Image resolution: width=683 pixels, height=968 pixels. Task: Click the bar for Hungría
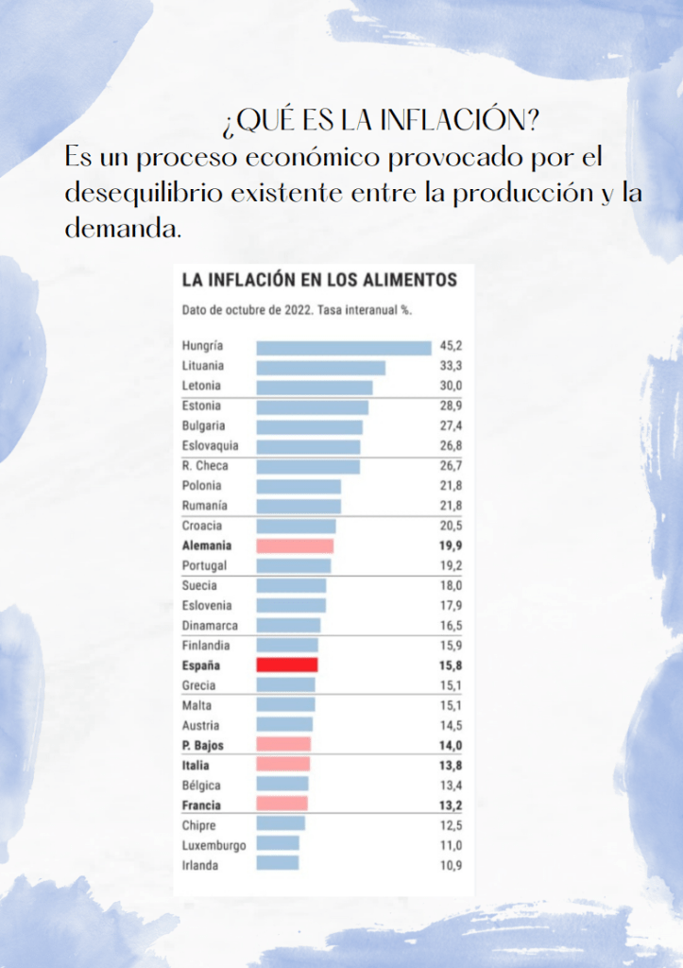click(343, 347)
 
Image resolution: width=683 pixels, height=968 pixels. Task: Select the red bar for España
click(286, 665)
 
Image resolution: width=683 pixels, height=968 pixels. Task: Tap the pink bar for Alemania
click(295, 545)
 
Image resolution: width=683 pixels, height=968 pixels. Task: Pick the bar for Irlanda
click(277, 863)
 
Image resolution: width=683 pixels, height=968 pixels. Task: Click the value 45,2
click(451, 347)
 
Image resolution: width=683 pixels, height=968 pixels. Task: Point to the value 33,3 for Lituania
click(451, 367)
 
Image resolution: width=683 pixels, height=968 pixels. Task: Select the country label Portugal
click(204, 565)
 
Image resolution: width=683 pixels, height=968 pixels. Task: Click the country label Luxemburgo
click(213, 845)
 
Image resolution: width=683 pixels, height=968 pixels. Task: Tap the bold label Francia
click(201, 805)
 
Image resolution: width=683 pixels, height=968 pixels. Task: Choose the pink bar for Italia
click(282, 765)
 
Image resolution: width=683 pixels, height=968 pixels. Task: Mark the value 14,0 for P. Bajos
click(451, 745)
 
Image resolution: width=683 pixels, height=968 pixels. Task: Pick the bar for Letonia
click(314, 387)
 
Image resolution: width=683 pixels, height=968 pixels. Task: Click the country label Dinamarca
click(210, 626)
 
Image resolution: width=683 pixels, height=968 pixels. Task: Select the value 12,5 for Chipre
click(451, 825)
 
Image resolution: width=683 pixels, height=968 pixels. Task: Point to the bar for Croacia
click(296, 526)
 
